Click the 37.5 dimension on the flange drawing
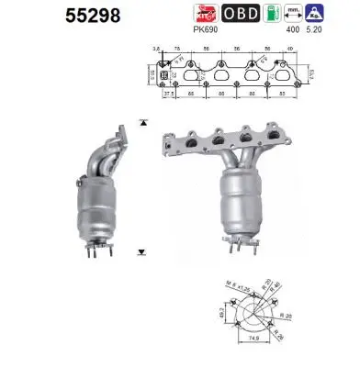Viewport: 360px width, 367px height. pos(168,94)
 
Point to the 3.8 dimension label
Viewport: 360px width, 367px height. pos(156,46)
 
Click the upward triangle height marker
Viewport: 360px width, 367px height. pos(141,121)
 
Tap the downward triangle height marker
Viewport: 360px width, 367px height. pos(141,250)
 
